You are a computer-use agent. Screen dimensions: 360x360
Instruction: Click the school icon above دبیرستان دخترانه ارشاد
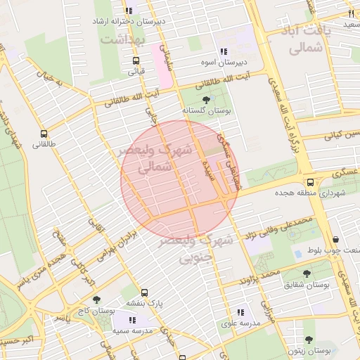click(128, 11)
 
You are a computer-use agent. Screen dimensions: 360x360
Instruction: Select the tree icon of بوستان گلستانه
click(205, 100)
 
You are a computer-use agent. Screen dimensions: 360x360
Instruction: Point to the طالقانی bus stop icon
click(44, 134)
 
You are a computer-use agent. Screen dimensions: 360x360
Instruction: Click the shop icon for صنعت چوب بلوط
click(335, 239)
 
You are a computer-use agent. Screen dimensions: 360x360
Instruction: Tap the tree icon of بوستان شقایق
click(307, 274)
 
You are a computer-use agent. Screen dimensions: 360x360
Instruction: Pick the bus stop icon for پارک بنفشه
click(144, 292)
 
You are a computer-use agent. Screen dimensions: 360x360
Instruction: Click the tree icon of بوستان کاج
click(96, 300)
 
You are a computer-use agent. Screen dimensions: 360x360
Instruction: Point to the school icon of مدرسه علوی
click(240, 311)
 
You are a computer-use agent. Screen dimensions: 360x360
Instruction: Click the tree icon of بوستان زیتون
click(309, 340)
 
